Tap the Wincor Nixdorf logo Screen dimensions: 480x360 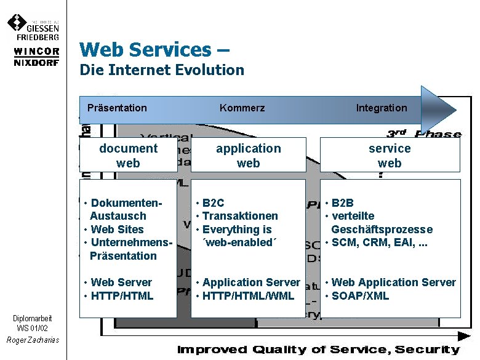coord(36,57)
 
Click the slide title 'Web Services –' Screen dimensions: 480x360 coord(154,49)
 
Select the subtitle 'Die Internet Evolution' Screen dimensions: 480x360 coord(162,70)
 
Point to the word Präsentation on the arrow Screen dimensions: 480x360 coord(117,108)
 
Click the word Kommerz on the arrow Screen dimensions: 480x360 coord(242,108)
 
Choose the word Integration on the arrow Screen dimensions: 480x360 coord(382,108)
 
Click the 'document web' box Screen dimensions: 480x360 coord(128,155)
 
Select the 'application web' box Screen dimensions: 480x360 coord(248,155)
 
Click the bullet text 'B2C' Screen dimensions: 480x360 coord(213,203)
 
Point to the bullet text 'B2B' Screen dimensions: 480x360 coord(343,203)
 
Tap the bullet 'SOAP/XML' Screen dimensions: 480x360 coord(360,296)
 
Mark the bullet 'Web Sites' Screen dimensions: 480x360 coord(117,230)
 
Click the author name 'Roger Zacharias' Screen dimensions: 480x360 coord(33,340)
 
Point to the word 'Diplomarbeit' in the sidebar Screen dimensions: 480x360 coord(33,318)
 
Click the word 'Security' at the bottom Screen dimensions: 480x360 coord(428,350)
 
